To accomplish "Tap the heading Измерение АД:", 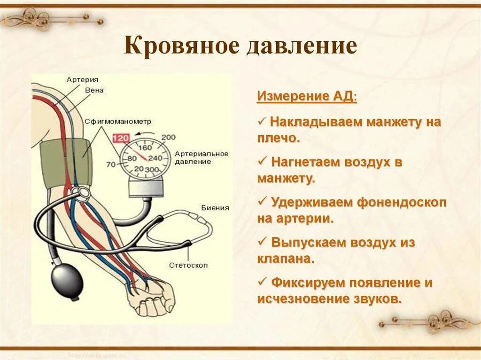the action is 307,97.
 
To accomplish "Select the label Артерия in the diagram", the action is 82,80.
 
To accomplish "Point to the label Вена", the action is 94,90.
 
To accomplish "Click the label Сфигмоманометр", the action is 118,121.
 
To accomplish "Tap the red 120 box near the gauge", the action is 121,138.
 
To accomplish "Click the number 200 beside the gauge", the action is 168,137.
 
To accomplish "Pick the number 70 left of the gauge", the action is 111,164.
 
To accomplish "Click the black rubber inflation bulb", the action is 68,280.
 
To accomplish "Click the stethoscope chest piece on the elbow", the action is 83,192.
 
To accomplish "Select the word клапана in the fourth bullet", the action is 285,259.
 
